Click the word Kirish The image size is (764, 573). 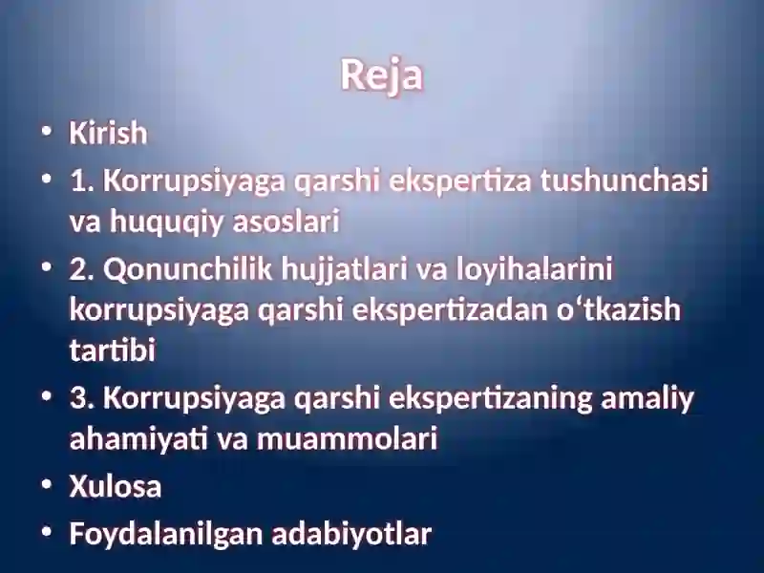tap(108, 133)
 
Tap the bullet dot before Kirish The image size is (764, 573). tap(47, 132)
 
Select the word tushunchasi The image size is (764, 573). tap(624, 180)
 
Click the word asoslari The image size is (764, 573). tap(286, 221)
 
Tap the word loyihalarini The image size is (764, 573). tap(534, 269)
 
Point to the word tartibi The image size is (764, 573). tap(113, 349)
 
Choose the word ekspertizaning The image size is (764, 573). tap(490, 399)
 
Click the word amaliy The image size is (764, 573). tap(647, 399)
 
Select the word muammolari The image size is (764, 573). tap(347, 438)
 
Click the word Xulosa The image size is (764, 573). tap(115, 486)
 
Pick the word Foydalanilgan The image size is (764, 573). tap(165, 535)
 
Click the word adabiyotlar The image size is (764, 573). tap(351, 534)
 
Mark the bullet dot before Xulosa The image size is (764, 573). tap(47, 485)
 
